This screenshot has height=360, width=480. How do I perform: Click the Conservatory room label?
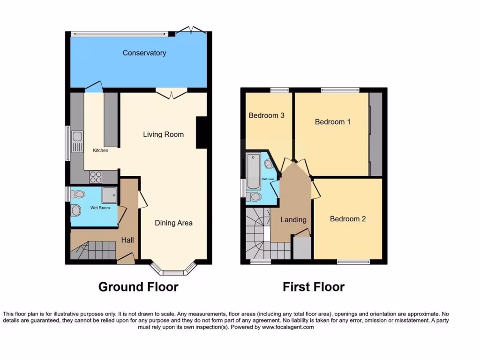tap(144, 53)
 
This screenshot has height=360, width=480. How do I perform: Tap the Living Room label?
tap(163, 135)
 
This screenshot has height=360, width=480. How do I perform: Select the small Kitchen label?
tap(100, 150)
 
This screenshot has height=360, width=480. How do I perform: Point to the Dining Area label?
tap(173, 223)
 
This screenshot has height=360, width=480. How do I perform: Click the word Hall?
tap(127, 240)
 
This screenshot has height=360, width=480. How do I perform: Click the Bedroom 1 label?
tap(332, 122)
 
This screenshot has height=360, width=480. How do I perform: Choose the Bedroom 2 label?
tap(348, 219)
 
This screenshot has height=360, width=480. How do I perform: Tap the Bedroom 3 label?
tap(266, 115)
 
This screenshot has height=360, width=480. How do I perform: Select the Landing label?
tap(293, 219)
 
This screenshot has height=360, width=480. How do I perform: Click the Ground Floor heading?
tap(138, 287)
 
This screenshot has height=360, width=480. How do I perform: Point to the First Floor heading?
tap(314, 287)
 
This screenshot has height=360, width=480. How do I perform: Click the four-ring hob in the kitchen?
tap(96, 177)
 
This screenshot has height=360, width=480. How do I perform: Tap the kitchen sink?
tap(77, 140)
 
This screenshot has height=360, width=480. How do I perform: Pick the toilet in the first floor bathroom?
tap(255, 196)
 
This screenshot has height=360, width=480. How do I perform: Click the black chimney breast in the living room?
tap(202, 132)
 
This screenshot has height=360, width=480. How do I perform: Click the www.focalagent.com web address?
tap(288, 327)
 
